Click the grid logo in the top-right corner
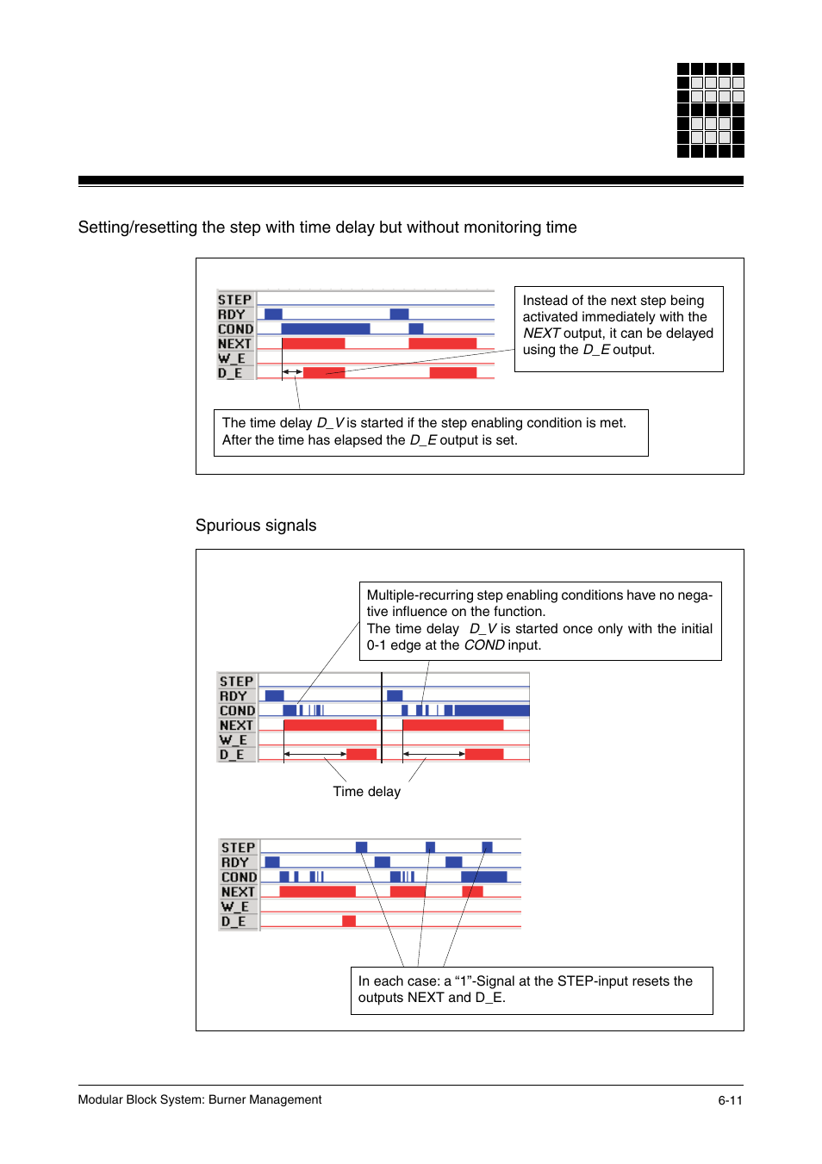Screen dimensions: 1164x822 tap(710, 110)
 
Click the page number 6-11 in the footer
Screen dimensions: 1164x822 tap(730, 1100)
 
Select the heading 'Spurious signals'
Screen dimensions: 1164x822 tap(256, 526)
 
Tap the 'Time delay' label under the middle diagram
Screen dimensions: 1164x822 tap(366, 792)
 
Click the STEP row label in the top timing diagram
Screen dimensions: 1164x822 tap(234, 300)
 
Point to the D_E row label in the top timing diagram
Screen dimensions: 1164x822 tap(230, 373)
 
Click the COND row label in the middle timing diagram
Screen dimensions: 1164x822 tap(237, 711)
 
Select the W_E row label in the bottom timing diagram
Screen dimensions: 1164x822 tap(234, 906)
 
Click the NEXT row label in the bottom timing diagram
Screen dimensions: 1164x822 tap(238, 892)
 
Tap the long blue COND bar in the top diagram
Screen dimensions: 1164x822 tap(325, 329)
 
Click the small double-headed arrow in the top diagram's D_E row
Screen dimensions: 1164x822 tap(292, 372)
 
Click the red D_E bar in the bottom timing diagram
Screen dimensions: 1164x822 tap(349, 921)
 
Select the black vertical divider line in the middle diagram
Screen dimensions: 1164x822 tap(382, 718)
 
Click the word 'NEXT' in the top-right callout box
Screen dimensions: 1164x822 tap(541, 333)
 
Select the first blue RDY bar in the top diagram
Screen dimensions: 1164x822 tap(273, 314)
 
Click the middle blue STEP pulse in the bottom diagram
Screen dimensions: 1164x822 tap(430, 847)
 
